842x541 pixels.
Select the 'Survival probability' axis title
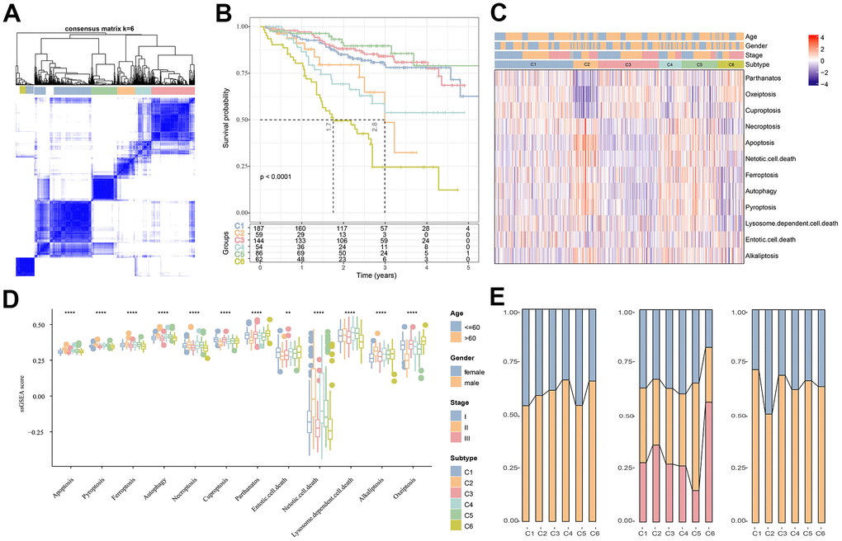click(225, 120)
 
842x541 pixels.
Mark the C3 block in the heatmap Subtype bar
click(628, 64)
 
